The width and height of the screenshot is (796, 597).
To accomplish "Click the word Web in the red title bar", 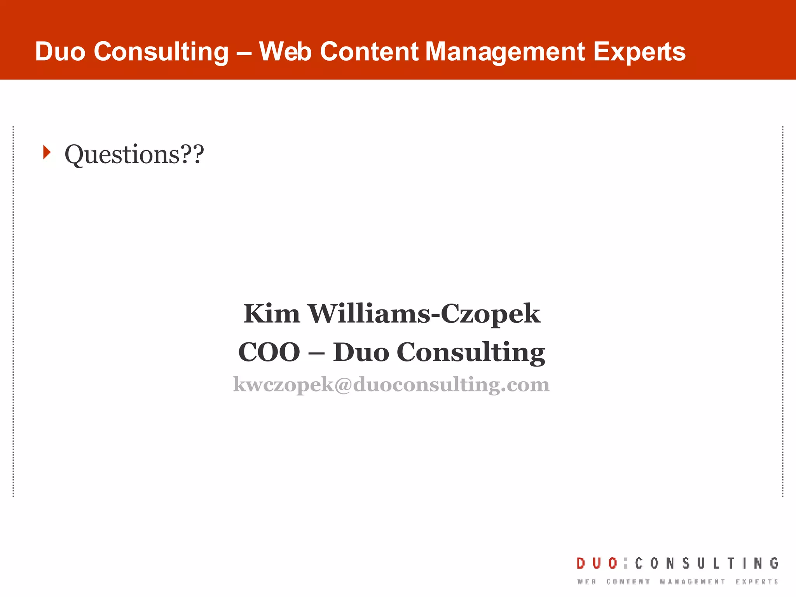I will [x=285, y=52].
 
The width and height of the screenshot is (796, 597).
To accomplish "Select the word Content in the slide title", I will [x=369, y=52].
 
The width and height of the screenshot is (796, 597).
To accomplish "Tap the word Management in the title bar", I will [x=505, y=52].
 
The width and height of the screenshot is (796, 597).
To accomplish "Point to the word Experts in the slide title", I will [x=639, y=52].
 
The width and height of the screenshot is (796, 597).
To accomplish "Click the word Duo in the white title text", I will [x=60, y=52].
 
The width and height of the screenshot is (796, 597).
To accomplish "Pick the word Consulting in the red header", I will [x=161, y=52].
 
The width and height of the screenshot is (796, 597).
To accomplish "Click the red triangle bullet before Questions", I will [x=47, y=152].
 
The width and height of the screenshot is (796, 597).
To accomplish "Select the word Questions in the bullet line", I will [x=122, y=154].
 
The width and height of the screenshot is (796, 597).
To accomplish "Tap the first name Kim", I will [x=271, y=314].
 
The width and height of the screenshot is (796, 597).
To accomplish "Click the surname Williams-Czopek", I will [x=424, y=314].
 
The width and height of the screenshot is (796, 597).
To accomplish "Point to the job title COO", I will [x=269, y=352].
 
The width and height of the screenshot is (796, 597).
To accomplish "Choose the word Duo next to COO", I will [x=361, y=352].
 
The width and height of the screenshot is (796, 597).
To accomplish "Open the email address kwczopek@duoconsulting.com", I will [x=391, y=384].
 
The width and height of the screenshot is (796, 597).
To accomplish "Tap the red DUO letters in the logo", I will [x=597, y=563].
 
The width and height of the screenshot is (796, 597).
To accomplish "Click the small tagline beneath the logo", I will [x=677, y=582].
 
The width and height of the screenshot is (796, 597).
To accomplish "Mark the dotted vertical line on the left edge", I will [x=14, y=311].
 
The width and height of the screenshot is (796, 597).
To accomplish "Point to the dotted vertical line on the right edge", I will [x=782, y=311].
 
